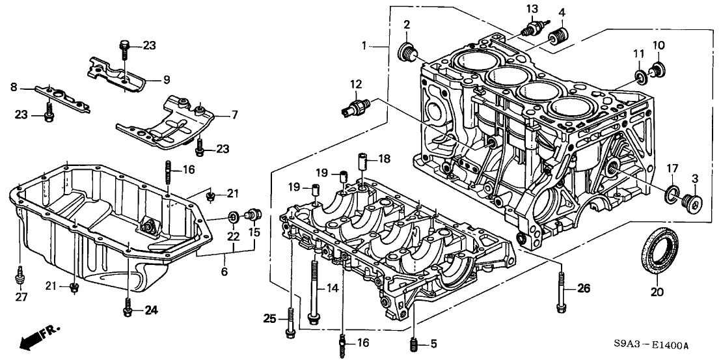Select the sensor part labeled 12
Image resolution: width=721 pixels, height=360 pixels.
coord(355,106)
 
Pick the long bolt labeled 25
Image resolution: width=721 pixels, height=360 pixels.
coord(289,319)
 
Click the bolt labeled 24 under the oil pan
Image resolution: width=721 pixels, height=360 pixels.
coord(128,307)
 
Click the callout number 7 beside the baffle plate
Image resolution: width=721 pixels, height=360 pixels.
coord(235,115)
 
